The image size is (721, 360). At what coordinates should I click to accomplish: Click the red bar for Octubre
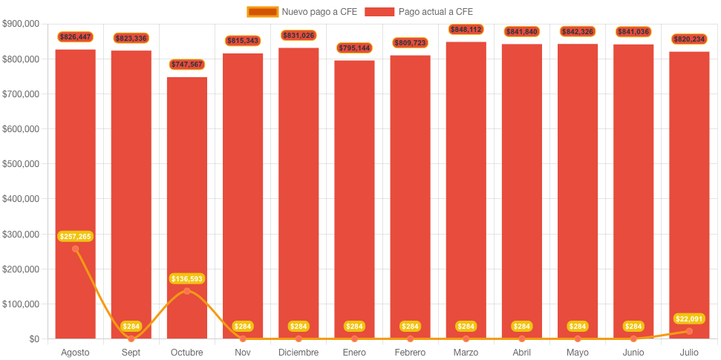186,208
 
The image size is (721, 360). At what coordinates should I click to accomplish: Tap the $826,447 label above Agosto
75,36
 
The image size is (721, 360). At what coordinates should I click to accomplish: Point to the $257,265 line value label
75,236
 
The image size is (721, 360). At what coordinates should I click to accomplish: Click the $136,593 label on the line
186,278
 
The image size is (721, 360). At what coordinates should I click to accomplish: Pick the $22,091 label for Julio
688,318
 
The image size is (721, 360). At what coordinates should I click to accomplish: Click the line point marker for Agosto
75,249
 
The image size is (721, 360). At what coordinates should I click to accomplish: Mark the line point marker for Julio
688,331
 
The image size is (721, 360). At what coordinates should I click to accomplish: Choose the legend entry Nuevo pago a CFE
302,11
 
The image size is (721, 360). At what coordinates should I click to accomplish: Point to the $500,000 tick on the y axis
21,164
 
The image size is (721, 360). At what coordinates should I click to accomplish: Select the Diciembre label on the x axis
298,352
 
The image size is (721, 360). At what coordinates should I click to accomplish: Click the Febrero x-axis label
410,352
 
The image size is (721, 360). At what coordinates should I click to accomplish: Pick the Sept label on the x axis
131,352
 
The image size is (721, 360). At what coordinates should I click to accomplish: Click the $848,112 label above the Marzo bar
466,29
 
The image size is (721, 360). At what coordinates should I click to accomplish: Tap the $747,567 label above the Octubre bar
186,65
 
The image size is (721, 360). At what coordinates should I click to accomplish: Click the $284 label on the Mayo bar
577,326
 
